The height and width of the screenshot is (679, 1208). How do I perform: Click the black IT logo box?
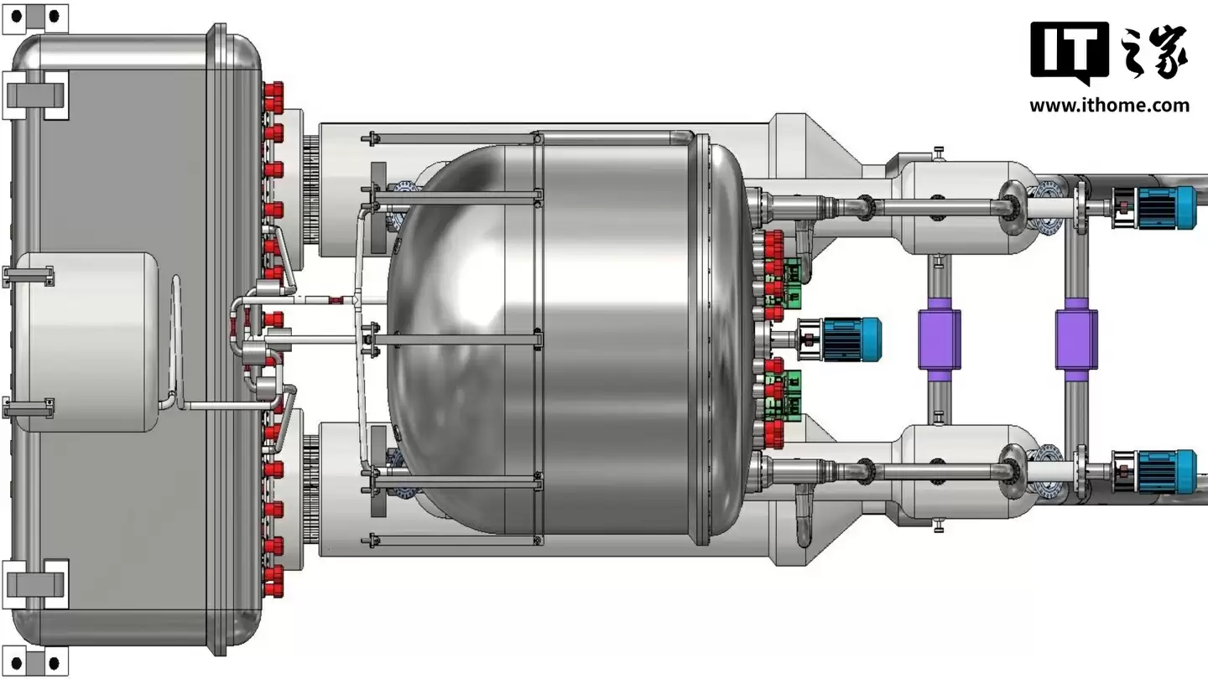(x=1070, y=50)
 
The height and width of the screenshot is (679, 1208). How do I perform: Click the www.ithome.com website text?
(x=1109, y=105)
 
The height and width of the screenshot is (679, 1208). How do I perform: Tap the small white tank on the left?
(x=86, y=342)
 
